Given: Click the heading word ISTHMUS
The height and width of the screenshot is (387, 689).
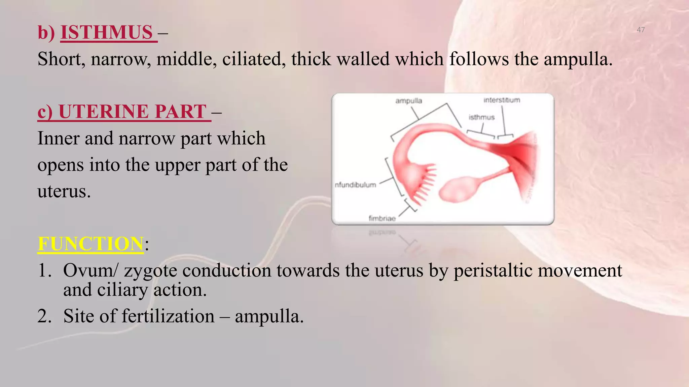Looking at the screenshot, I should (x=107, y=33).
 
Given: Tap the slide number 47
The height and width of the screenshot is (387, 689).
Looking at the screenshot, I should (x=641, y=30).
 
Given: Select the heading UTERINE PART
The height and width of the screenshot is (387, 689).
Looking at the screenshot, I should (x=132, y=112).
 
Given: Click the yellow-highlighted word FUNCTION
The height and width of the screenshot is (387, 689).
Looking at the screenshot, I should (x=90, y=244).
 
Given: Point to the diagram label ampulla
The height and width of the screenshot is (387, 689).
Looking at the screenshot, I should (x=408, y=101).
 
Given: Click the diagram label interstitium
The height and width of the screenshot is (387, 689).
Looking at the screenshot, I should (x=502, y=100).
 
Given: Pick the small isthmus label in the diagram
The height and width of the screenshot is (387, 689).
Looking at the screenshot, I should (x=481, y=117).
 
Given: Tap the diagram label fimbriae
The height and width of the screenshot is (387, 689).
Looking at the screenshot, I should (x=382, y=218).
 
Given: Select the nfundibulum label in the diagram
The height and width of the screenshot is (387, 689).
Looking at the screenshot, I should (x=355, y=185).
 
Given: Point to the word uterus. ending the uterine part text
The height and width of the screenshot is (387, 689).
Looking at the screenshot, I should (x=64, y=191).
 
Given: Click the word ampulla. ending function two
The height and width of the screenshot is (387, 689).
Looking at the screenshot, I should (x=269, y=317).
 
